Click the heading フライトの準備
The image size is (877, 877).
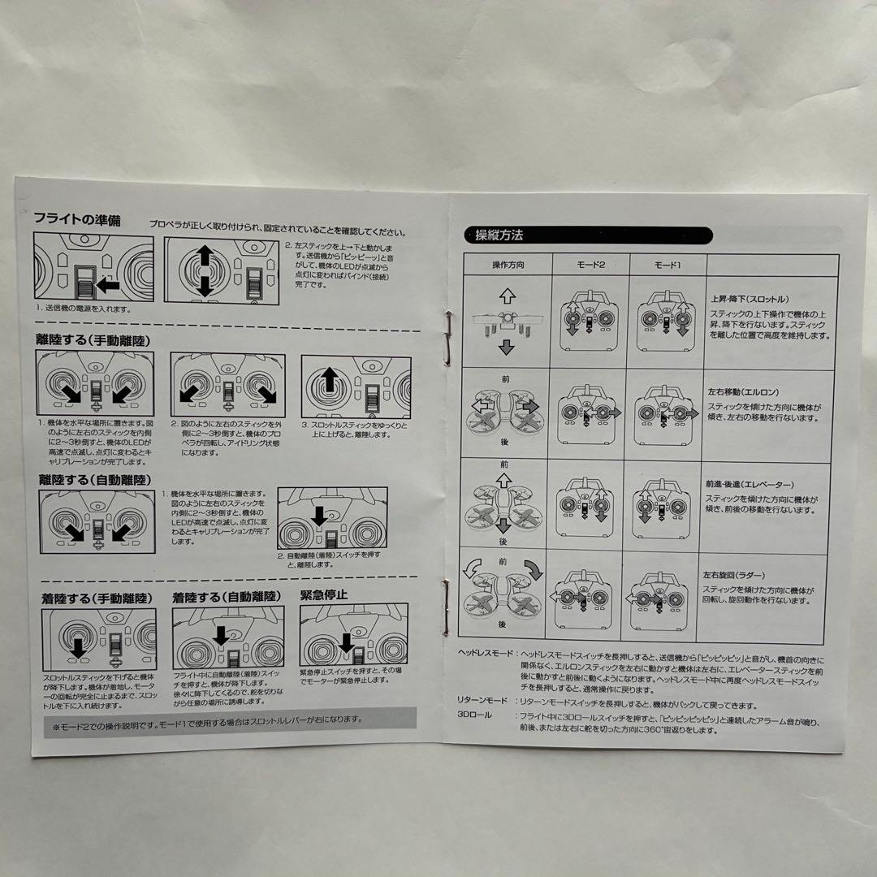coord(77,219)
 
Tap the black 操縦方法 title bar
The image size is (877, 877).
coord(587,235)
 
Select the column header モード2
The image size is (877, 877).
coord(590,266)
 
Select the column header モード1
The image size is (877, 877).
coord(667,266)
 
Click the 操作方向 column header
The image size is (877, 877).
coord(508,266)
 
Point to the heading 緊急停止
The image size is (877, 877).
coord(324,594)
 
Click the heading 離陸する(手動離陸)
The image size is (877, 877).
coord(95,339)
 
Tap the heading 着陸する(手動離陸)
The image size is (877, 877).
coord(96,598)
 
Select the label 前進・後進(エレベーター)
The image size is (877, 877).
coord(750,484)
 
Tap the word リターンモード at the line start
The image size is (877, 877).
coord(482,701)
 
